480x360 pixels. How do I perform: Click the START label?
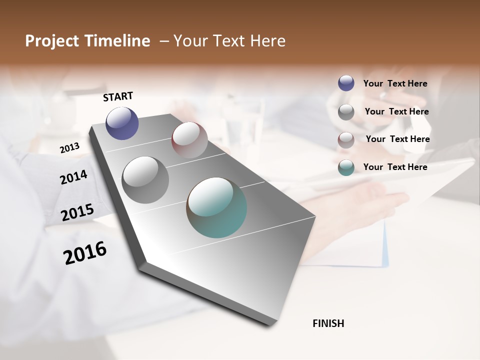(x=118, y=96)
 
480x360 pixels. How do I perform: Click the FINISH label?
(x=328, y=323)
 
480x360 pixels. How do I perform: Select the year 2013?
(x=69, y=147)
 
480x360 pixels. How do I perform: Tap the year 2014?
(x=73, y=177)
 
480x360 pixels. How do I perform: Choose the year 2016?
(x=85, y=252)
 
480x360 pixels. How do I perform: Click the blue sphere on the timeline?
(x=122, y=123)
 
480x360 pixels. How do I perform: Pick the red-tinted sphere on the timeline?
(x=189, y=140)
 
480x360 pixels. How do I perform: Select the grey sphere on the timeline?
(x=145, y=180)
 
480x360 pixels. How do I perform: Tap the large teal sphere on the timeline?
(x=216, y=207)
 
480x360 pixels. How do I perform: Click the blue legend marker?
(x=346, y=83)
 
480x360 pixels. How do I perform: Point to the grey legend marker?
(x=346, y=112)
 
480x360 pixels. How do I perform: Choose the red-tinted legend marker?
(x=346, y=140)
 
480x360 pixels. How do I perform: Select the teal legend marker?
(x=346, y=167)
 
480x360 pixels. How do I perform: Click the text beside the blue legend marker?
(x=395, y=83)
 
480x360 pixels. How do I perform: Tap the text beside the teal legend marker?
(x=395, y=167)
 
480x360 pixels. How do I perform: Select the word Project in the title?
(x=50, y=41)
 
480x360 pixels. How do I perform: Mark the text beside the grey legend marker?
(x=396, y=111)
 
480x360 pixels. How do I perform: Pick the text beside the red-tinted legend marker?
(x=397, y=139)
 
